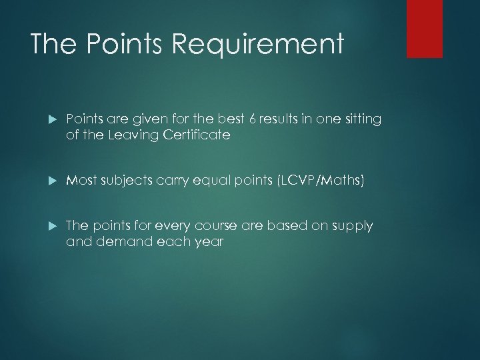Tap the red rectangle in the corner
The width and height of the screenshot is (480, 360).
(425, 28)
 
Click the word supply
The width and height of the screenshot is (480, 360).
(354, 227)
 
